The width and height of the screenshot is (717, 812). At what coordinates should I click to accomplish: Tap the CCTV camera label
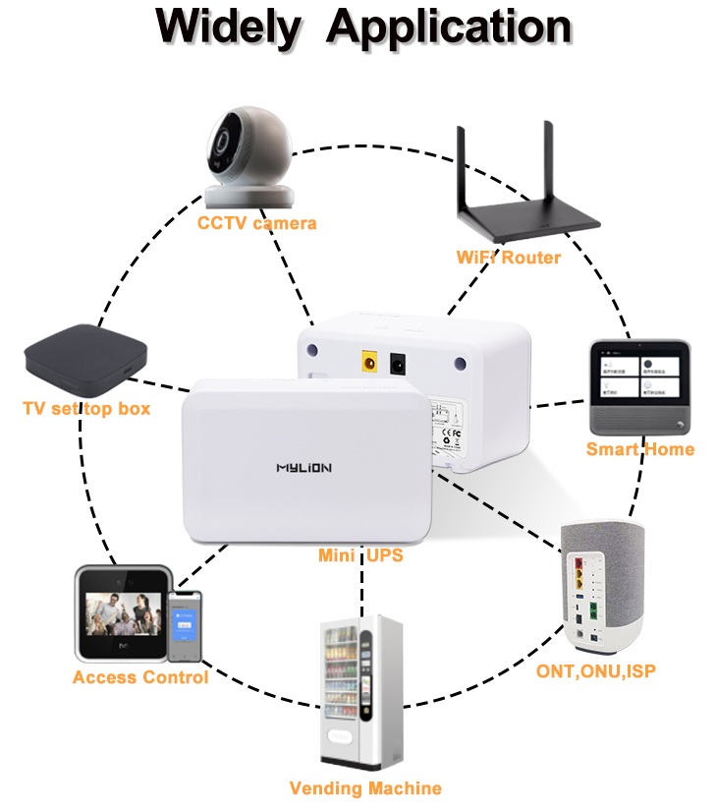(x=257, y=223)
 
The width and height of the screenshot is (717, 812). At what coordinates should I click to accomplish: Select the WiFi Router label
(x=508, y=258)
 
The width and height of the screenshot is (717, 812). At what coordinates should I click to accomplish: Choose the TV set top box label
(x=86, y=407)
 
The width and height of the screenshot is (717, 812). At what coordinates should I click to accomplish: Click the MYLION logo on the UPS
(x=303, y=469)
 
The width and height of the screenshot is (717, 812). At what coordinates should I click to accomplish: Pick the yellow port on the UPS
(x=371, y=361)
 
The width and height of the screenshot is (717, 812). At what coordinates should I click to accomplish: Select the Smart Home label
(x=639, y=449)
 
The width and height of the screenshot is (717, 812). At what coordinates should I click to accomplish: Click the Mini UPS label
(x=360, y=555)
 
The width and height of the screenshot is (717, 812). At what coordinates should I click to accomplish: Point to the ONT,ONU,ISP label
(x=595, y=671)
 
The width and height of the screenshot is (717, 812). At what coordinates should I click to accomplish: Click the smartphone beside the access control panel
(x=184, y=626)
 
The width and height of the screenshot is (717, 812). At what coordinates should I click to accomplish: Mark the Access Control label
(x=139, y=677)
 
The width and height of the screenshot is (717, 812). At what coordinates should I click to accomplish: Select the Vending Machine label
(x=365, y=788)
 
